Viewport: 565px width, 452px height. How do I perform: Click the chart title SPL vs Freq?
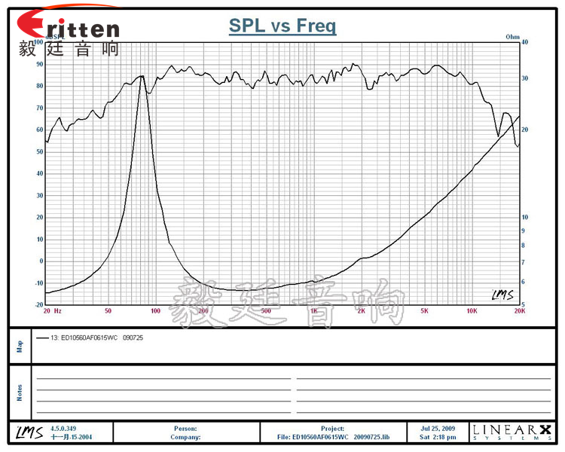point(282,26)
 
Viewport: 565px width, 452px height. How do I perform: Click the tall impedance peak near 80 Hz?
point(140,77)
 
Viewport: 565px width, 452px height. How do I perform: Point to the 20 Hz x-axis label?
point(52,311)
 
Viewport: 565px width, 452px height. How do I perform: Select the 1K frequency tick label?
point(313,311)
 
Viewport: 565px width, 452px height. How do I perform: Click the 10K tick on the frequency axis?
point(472,311)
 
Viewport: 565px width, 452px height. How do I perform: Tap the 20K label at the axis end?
point(518,311)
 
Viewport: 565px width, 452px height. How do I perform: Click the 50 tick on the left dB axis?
point(38,151)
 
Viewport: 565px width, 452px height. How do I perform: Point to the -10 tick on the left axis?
point(38,283)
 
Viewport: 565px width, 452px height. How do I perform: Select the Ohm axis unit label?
point(513,36)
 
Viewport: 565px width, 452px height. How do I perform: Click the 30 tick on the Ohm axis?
point(525,78)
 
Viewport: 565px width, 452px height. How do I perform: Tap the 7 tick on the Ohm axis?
point(524,261)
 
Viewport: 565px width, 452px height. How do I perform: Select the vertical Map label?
point(20,347)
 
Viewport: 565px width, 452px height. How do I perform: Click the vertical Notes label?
point(20,392)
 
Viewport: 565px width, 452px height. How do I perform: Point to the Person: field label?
point(185,429)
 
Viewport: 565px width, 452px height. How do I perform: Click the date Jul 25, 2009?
point(438,429)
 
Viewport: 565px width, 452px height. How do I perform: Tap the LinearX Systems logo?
point(512,432)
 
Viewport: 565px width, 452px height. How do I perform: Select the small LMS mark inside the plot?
point(502,294)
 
